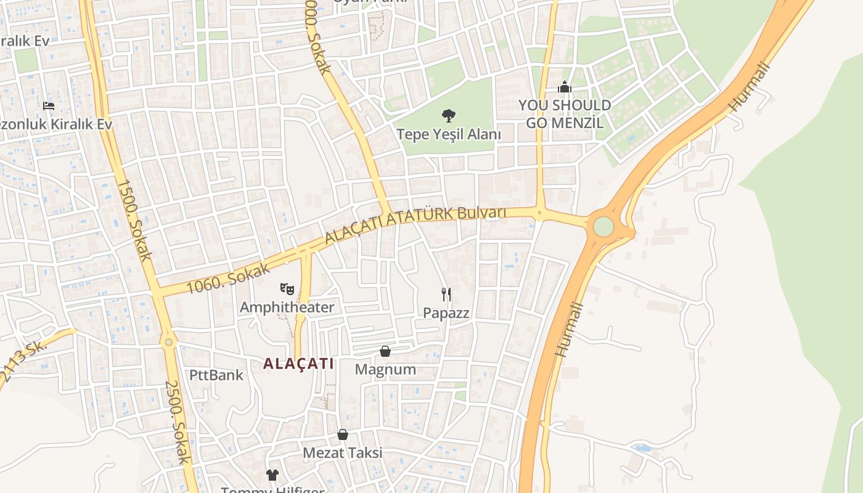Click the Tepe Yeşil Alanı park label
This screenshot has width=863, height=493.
(x=448, y=134)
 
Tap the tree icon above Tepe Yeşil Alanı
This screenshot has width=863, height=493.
(x=449, y=115)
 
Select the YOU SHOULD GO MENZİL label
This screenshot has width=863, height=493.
(x=565, y=113)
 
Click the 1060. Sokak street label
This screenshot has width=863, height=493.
(x=228, y=279)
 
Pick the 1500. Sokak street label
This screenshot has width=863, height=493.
(x=133, y=219)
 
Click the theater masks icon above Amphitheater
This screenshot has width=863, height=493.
(x=287, y=288)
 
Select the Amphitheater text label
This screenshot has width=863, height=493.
(x=287, y=307)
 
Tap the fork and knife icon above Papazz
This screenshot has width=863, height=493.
(x=446, y=294)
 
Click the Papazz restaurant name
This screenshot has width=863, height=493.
(x=446, y=313)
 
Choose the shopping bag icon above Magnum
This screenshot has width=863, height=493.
(x=385, y=351)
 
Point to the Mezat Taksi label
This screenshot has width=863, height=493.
(x=342, y=453)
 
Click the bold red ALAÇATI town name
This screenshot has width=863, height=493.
(x=298, y=364)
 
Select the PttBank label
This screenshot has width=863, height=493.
(x=216, y=375)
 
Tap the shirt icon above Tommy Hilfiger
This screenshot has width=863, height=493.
(x=272, y=475)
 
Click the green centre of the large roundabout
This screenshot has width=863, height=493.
(x=603, y=227)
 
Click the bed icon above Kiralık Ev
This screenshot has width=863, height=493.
(x=49, y=106)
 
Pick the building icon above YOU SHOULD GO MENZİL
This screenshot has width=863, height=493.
(x=564, y=88)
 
